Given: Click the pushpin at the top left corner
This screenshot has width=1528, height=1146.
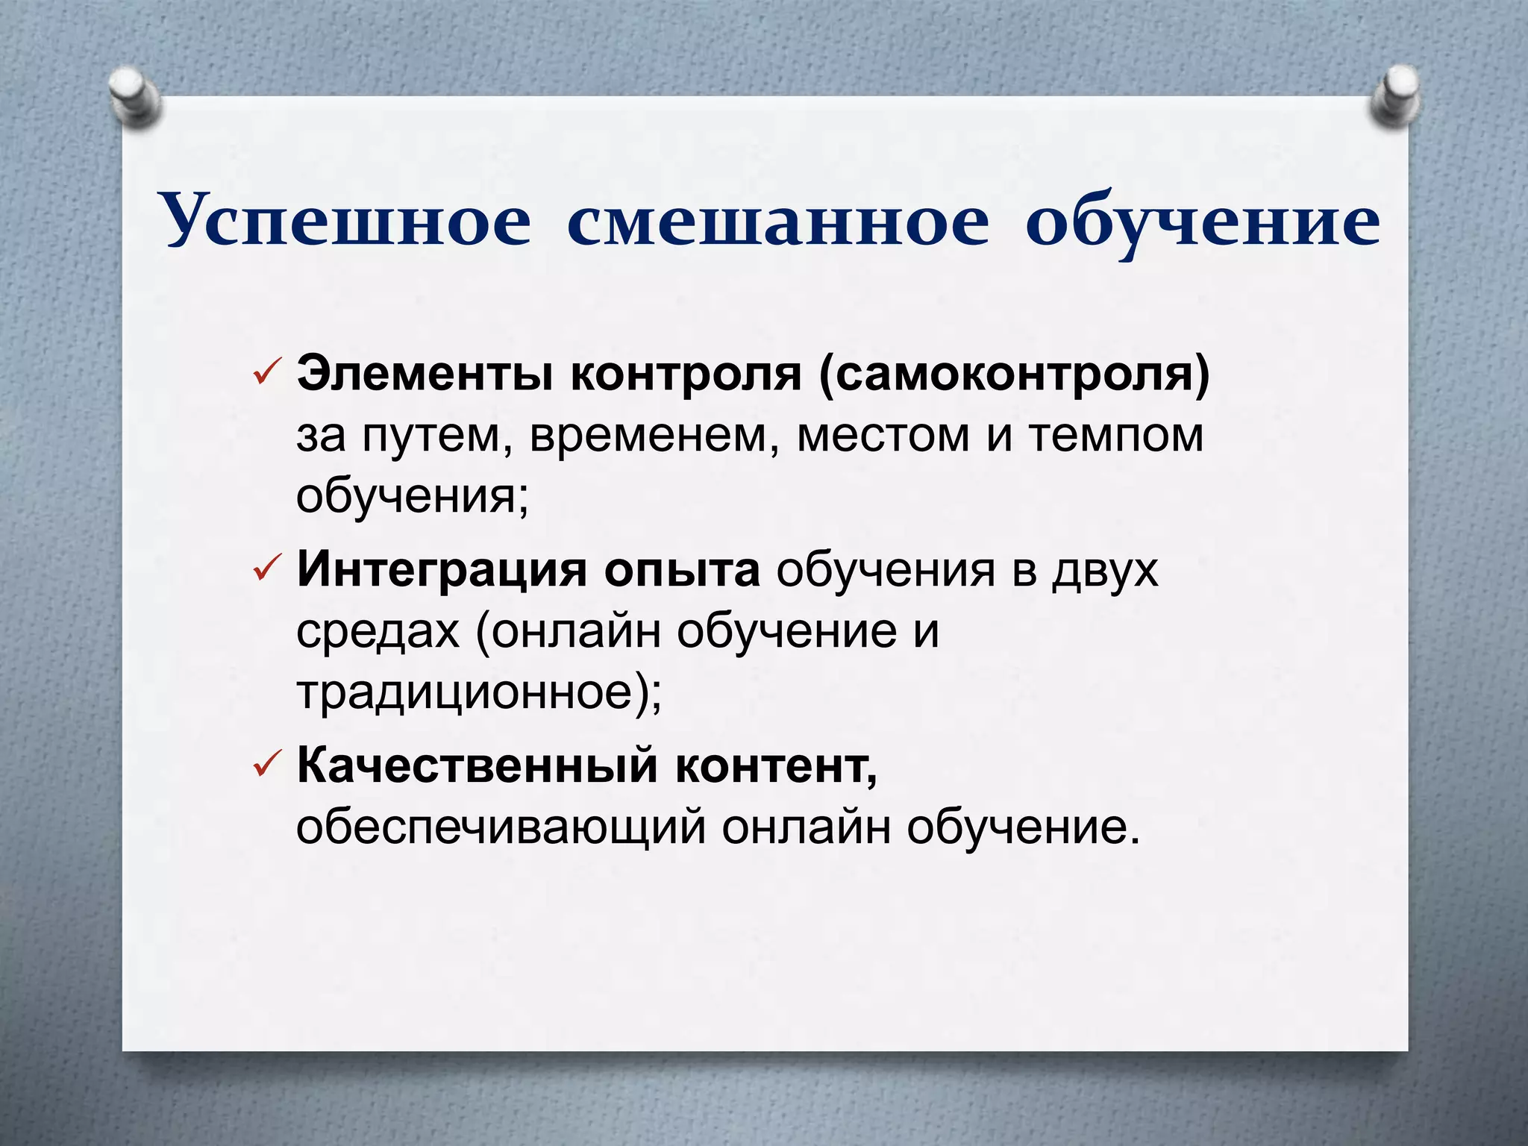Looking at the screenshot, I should [x=135, y=97].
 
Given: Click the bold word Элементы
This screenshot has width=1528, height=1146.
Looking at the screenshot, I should [x=425, y=374].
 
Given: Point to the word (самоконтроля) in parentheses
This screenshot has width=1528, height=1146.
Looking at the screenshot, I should [x=1014, y=375].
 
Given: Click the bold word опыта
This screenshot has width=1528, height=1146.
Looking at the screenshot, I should [x=682, y=571].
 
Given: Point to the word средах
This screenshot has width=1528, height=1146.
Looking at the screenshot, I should [x=378, y=632].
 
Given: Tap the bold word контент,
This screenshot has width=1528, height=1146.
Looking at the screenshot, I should [x=777, y=766].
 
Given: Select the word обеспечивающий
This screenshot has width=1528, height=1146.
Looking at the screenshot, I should [x=501, y=827].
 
